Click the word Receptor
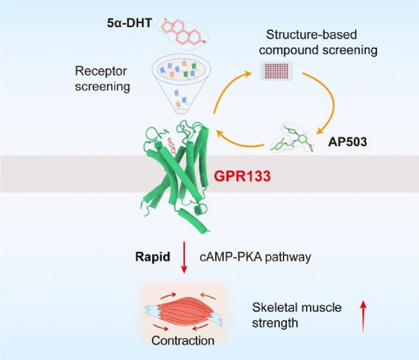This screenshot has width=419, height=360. click(x=99, y=71)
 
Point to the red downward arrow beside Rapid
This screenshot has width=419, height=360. click(x=185, y=260)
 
